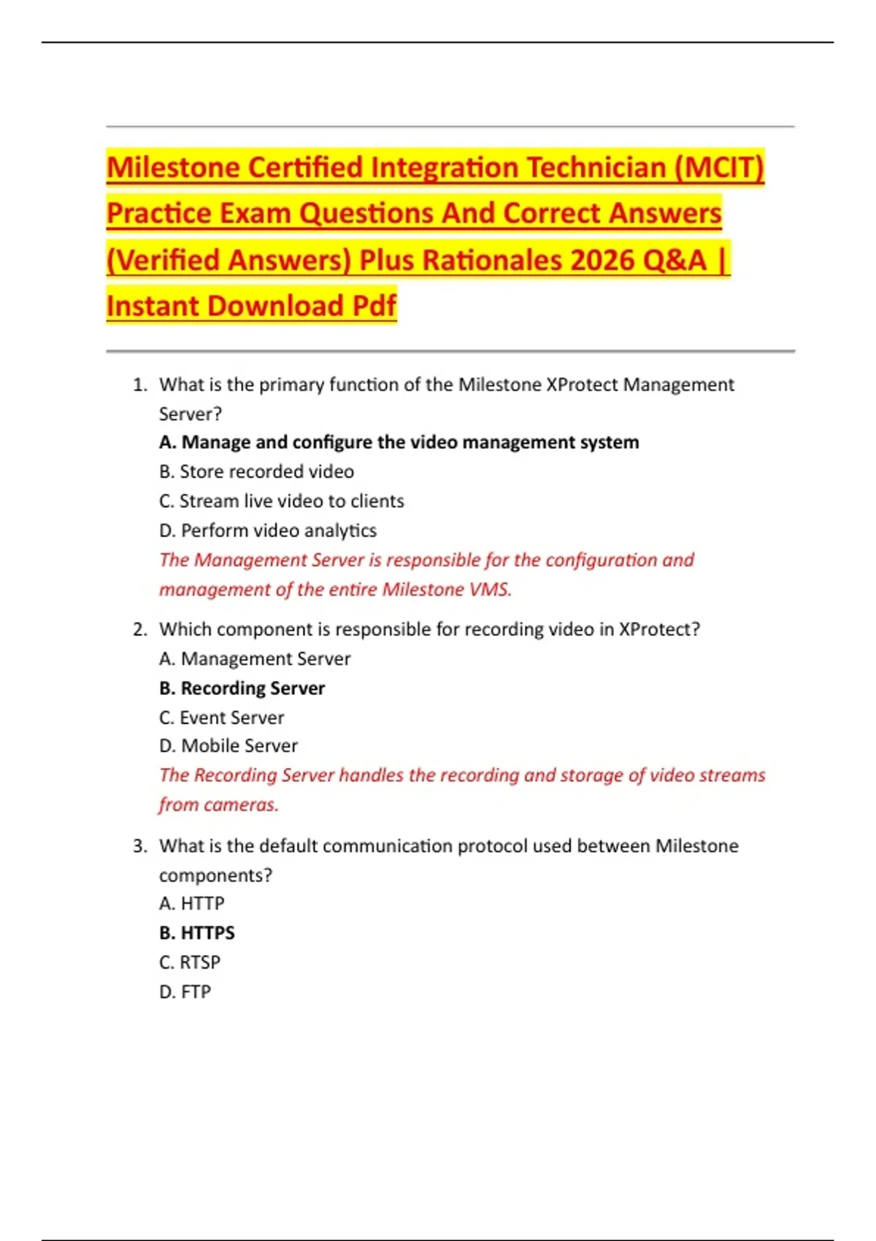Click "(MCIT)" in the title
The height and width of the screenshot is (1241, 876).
pyautogui.click(x=719, y=168)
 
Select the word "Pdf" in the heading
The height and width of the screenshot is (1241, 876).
pyautogui.click(x=374, y=307)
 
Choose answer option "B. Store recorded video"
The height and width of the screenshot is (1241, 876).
pyautogui.click(x=256, y=472)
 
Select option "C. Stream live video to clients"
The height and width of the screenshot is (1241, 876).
pyautogui.click(x=281, y=502)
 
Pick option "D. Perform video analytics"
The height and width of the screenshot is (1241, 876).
pyautogui.click(x=267, y=531)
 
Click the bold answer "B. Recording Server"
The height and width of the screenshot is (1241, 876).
pyautogui.click(x=242, y=688)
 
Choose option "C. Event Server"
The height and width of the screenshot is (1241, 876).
pyautogui.click(x=221, y=718)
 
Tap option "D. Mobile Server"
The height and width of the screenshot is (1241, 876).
pyautogui.click(x=228, y=746)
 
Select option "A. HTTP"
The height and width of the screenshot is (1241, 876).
pyautogui.click(x=191, y=904)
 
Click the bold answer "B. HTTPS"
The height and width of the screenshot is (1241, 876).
pyautogui.click(x=196, y=933)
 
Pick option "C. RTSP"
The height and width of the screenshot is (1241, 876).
pyautogui.click(x=189, y=963)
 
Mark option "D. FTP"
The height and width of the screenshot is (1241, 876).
pyautogui.click(x=185, y=992)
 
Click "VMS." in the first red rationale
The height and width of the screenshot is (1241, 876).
pyautogui.click(x=490, y=590)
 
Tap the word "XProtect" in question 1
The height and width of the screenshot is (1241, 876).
pyautogui.click(x=583, y=385)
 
